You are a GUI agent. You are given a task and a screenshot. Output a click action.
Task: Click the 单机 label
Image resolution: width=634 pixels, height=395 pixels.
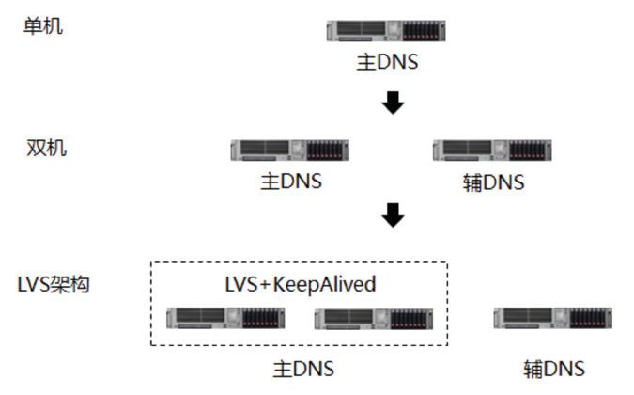coord(43,25)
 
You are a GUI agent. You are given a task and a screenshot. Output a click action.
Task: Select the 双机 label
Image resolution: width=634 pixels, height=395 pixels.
coord(47,148)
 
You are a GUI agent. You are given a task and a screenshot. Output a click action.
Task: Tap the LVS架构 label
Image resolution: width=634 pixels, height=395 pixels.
coord(54,284)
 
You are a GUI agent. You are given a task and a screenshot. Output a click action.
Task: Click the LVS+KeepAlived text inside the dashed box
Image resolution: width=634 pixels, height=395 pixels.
coord(301,284)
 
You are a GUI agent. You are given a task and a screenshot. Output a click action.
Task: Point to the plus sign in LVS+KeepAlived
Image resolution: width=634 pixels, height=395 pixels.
coord(265,284)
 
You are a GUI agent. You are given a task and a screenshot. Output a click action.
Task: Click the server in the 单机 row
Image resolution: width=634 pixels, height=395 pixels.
coord(386,31)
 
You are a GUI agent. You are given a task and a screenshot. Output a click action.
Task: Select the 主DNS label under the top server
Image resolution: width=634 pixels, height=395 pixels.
coord(387,63)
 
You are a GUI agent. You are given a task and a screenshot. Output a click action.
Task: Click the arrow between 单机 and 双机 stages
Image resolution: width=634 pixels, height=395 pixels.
coord(393,102)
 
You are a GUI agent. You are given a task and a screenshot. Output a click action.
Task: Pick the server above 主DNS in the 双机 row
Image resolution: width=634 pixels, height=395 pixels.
coord(290,150)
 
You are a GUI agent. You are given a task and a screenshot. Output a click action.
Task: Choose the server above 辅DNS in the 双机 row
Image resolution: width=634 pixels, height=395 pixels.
coord(492,150)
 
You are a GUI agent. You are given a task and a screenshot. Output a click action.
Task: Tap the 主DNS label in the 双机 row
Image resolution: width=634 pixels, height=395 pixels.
coord(291,181)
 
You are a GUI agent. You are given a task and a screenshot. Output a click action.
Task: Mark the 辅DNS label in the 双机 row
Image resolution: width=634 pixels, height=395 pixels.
coord(493,182)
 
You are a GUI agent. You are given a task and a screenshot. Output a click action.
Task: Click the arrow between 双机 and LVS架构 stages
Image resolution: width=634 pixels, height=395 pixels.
coord(393,216)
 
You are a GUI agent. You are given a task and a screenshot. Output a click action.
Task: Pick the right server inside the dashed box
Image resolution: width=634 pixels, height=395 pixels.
coord(372,319)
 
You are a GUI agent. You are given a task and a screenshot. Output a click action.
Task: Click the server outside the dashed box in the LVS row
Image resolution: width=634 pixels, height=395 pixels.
coord(553,318)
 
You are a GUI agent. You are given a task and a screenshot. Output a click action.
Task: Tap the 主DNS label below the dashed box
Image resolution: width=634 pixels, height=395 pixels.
coord(303,369)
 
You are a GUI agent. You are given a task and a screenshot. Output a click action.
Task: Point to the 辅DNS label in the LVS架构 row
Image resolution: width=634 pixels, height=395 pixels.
coord(554,369)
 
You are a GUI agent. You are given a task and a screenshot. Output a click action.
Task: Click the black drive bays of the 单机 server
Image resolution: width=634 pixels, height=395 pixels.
coord(423,31)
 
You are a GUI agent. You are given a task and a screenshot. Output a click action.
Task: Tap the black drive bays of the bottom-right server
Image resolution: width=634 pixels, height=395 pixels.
coord(590,318)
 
